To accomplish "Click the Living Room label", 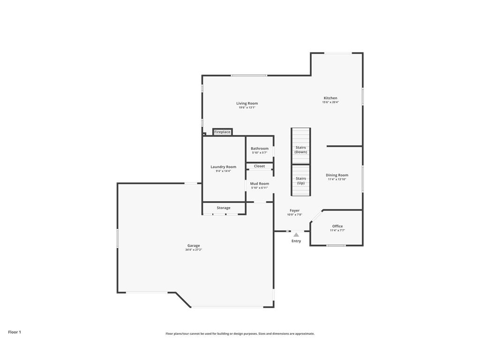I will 247,103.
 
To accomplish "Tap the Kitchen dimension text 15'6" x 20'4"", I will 330,102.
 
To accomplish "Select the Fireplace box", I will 223,132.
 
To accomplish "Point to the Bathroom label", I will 260,149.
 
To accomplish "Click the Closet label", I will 259,166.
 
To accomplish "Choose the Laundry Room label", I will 224,167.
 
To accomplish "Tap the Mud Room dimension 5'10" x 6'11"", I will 260,188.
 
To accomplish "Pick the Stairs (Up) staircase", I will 301,180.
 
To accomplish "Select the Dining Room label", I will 337,175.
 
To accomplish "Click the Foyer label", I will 294,210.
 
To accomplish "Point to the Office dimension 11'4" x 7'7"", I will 337,231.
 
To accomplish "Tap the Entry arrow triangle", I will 296,234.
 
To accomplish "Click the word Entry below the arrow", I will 296,241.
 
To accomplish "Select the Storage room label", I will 224,208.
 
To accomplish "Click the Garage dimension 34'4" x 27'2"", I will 194,250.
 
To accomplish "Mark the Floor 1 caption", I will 15,332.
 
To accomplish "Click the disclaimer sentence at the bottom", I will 240,334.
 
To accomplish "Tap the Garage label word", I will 194,246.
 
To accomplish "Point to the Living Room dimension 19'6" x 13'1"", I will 247,108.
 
